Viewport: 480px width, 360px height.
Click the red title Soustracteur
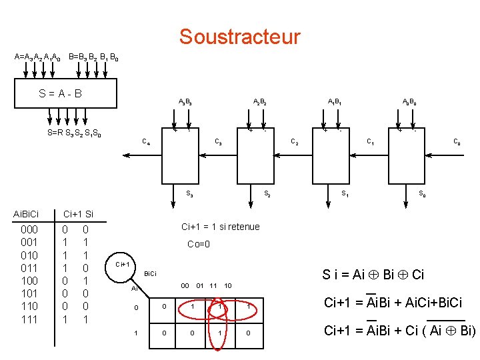(239, 37)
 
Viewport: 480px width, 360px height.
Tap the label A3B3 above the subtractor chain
(186, 102)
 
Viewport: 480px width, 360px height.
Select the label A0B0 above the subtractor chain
(409, 102)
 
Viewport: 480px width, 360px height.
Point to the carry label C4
(146, 141)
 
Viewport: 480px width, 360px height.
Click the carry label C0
(457, 141)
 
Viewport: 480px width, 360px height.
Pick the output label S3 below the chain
(189, 194)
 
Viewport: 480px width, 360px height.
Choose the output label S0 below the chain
(422, 194)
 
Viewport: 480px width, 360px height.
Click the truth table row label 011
(30, 268)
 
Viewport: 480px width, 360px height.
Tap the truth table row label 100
(30, 281)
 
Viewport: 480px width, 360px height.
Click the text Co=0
(199, 244)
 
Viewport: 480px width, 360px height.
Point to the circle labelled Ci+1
(123, 265)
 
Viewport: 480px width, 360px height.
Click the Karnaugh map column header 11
(214, 286)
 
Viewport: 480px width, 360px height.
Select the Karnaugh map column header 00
(185, 286)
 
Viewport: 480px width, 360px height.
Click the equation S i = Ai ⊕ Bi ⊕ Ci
(373, 274)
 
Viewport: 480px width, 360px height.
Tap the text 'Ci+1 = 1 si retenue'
(220, 227)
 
